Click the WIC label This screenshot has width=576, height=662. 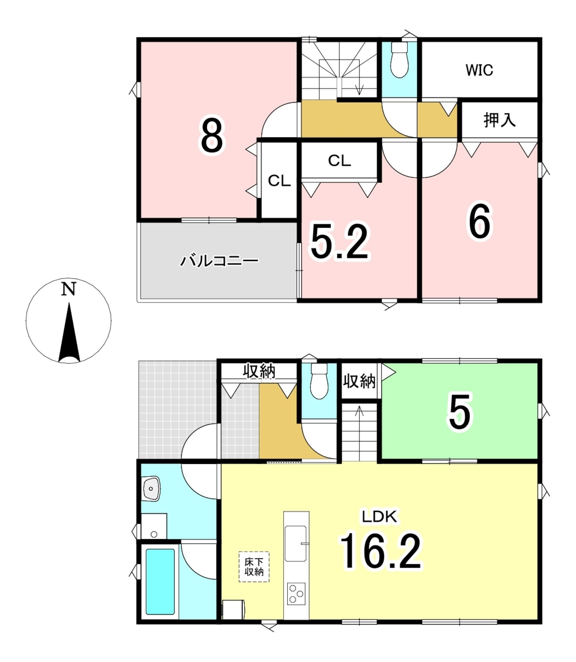(479, 70)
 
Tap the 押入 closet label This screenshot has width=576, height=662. (499, 120)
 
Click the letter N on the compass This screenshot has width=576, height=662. (68, 289)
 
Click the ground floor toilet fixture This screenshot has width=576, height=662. (319, 382)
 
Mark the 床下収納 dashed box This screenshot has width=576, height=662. (254, 567)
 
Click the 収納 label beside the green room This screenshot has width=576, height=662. (359, 381)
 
